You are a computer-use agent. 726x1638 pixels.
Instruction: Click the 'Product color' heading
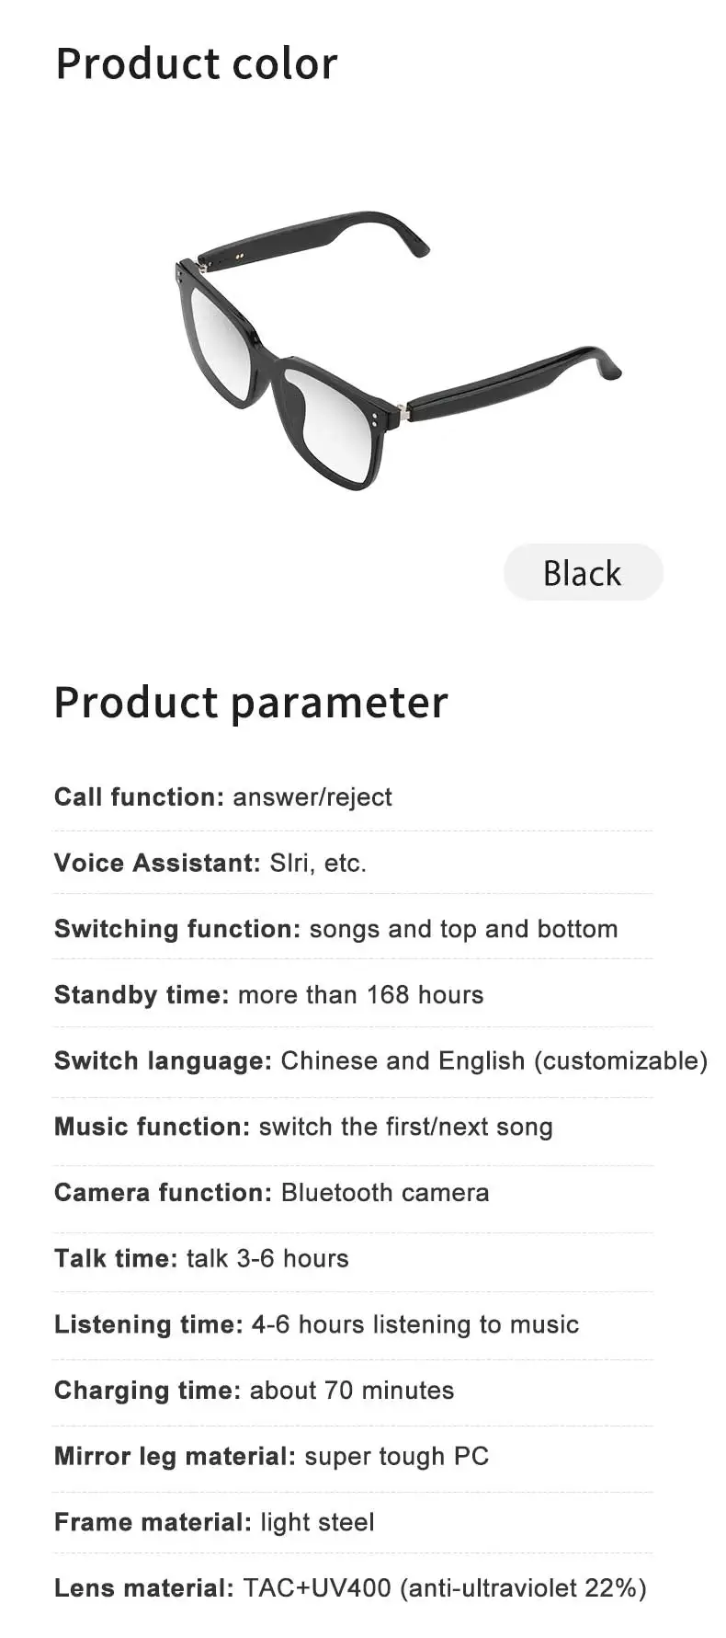click(x=197, y=64)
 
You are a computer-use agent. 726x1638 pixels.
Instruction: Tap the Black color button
click(x=583, y=572)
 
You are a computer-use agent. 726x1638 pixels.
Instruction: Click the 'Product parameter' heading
click(x=251, y=704)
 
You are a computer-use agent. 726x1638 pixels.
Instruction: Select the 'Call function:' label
click(x=139, y=796)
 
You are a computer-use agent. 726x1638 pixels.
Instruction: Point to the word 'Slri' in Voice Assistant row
click(x=289, y=863)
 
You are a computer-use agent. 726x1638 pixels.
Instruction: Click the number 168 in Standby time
click(x=388, y=994)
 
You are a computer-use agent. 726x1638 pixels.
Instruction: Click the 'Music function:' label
click(x=152, y=1127)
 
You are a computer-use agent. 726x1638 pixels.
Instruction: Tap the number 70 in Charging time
click(x=338, y=1390)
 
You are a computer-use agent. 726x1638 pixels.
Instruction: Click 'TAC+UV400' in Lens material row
click(x=317, y=1587)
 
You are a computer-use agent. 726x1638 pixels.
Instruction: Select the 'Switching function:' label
click(x=177, y=929)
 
